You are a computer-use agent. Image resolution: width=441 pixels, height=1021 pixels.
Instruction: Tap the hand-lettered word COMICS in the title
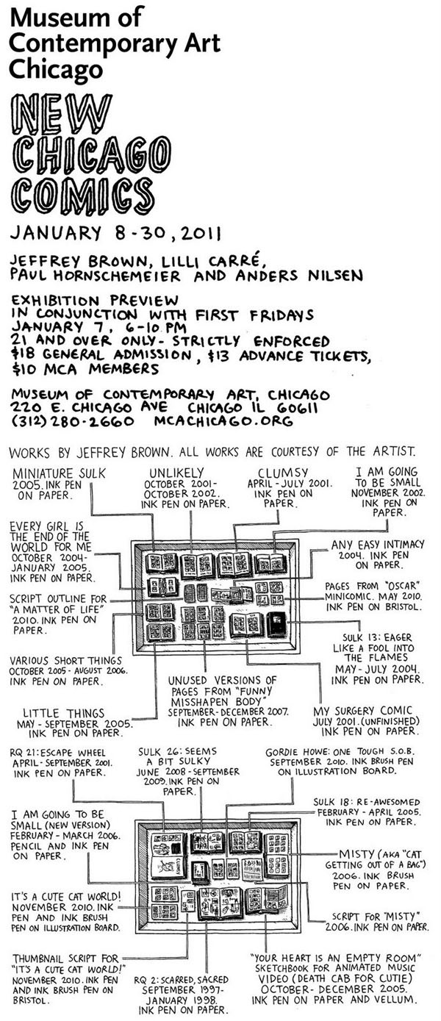(x=83, y=196)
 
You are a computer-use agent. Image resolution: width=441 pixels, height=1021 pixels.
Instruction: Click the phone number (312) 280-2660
(x=73, y=421)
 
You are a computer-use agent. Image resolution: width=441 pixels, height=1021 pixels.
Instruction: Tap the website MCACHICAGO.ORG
(x=223, y=420)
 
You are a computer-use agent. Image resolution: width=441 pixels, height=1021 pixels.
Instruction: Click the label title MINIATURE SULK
(x=59, y=473)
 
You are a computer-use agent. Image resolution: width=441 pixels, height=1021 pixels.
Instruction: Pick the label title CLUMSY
(x=283, y=473)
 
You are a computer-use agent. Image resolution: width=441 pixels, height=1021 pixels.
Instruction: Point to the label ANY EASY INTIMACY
(x=378, y=545)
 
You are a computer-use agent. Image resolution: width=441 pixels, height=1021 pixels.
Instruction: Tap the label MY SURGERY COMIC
(x=362, y=711)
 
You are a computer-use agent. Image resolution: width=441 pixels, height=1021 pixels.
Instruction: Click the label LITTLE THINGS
(x=64, y=713)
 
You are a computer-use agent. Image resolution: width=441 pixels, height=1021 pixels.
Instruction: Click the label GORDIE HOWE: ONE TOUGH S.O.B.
(x=340, y=752)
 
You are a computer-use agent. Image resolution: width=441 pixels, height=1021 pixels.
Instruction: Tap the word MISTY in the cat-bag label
(x=356, y=853)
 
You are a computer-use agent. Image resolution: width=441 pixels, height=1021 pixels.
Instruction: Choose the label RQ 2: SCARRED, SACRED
(x=182, y=980)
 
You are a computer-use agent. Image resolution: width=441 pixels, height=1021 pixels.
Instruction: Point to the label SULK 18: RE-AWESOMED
(x=366, y=802)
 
